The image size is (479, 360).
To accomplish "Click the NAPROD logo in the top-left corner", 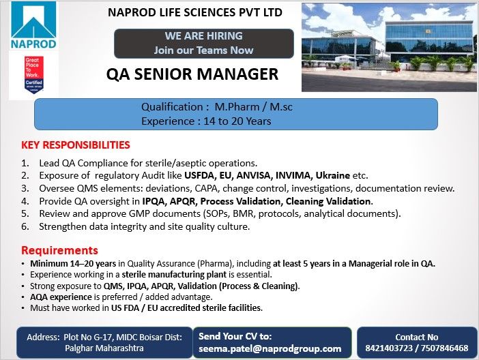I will pyautogui.click(x=33, y=27).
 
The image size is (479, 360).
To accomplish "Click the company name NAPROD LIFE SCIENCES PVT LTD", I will pyautogui.click(x=195, y=12).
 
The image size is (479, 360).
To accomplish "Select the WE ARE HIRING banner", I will pyautogui.click(x=203, y=42).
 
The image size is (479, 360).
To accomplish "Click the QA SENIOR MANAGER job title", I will pyautogui.click(x=192, y=74).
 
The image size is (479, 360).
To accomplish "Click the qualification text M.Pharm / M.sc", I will pyautogui.click(x=253, y=107).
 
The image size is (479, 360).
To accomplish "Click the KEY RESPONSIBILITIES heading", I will pyautogui.click(x=76, y=145).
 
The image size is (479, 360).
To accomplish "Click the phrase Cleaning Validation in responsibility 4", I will pyautogui.click(x=327, y=201).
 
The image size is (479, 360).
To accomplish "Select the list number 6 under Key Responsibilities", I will pyautogui.click(x=25, y=226).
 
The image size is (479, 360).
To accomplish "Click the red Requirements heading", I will pyautogui.click(x=59, y=250).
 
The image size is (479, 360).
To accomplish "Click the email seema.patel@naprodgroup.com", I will pyautogui.click(x=274, y=348).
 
